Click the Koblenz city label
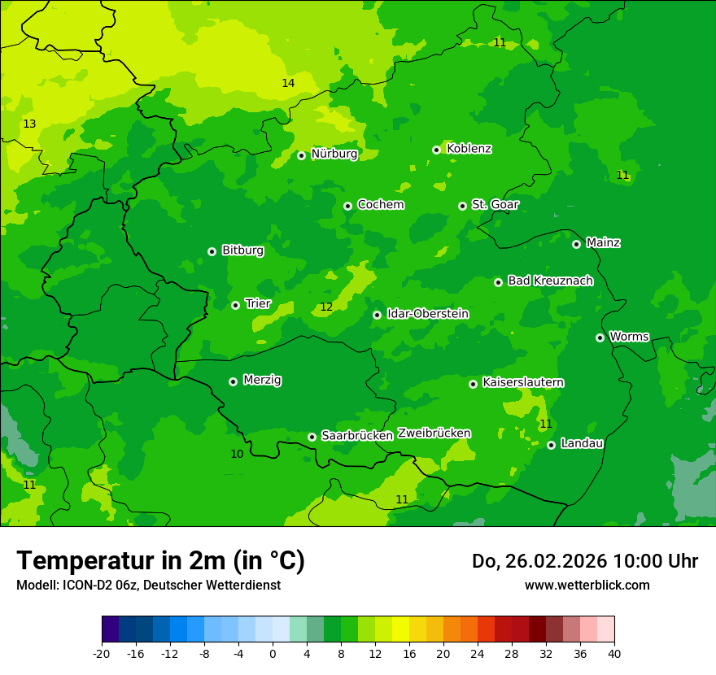(x=469, y=149)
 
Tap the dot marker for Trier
(x=235, y=305)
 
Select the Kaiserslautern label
(x=523, y=382)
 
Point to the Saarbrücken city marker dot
(x=312, y=437)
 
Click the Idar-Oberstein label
(x=428, y=314)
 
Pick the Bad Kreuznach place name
(x=550, y=281)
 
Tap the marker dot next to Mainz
(x=576, y=244)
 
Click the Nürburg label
(x=334, y=154)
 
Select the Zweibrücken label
(x=434, y=433)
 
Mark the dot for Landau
(x=551, y=445)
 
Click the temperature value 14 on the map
(x=288, y=83)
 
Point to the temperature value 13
(x=29, y=124)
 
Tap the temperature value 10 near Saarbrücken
(x=237, y=454)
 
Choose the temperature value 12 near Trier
(x=326, y=307)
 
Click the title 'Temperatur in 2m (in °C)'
(x=160, y=561)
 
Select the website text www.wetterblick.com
(x=587, y=585)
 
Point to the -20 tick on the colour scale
(x=102, y=653)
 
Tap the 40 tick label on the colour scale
(x=614, y=653)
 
